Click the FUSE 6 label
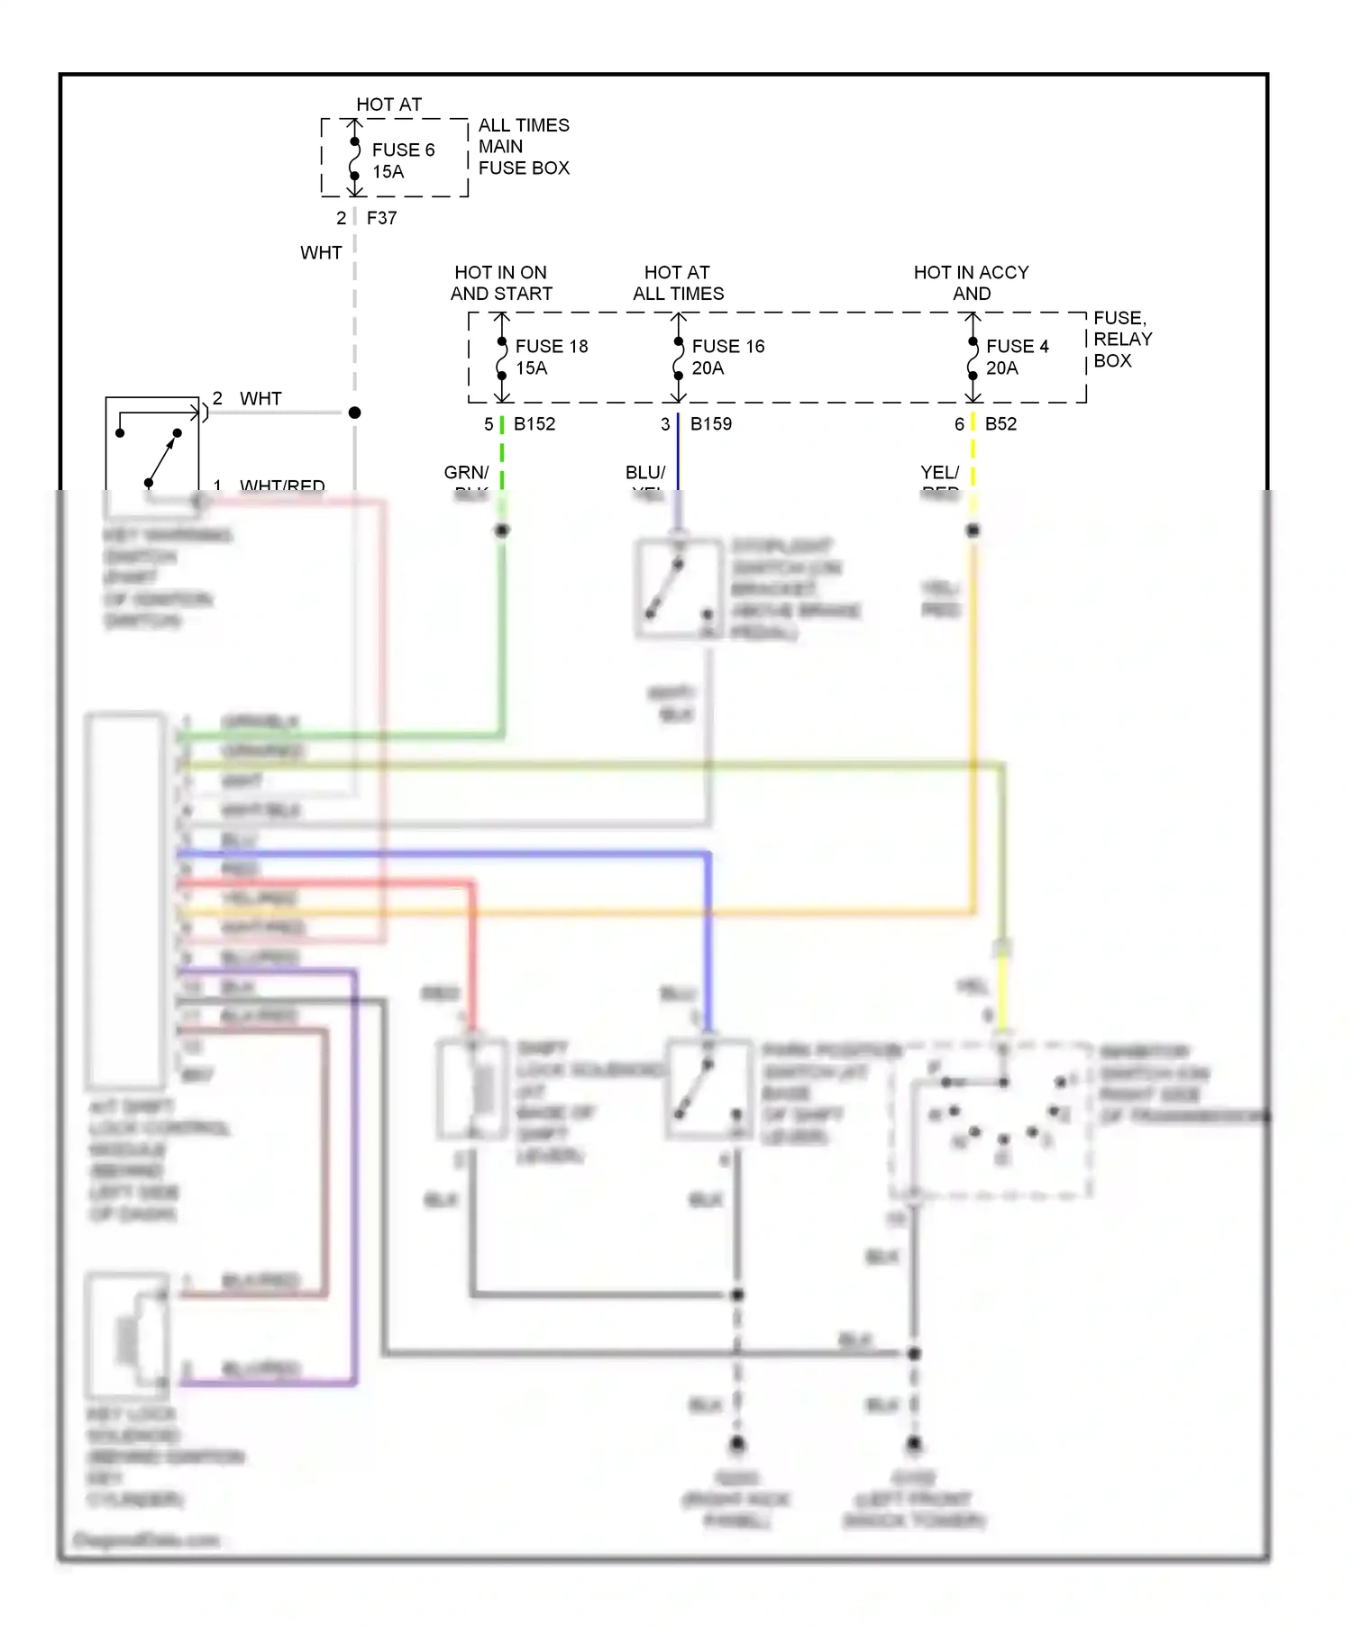403,150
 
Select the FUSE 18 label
551,346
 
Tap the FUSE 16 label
727,346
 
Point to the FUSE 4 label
1017,346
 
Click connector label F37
381,218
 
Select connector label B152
534,423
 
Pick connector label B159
710,423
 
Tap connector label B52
1000,423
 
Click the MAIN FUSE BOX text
524,157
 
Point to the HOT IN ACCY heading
971,272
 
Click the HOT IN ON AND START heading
501,283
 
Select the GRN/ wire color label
466,472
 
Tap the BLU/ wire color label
645,472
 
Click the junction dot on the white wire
355,413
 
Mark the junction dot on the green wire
502,531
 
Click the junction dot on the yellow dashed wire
973,531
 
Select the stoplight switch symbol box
679,589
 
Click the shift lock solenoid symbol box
471,1089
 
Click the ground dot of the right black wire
914,1444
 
